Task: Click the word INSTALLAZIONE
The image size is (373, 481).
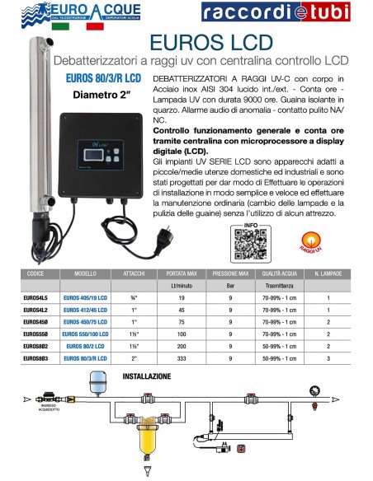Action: pyautogui.click(x=147, y=376)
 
